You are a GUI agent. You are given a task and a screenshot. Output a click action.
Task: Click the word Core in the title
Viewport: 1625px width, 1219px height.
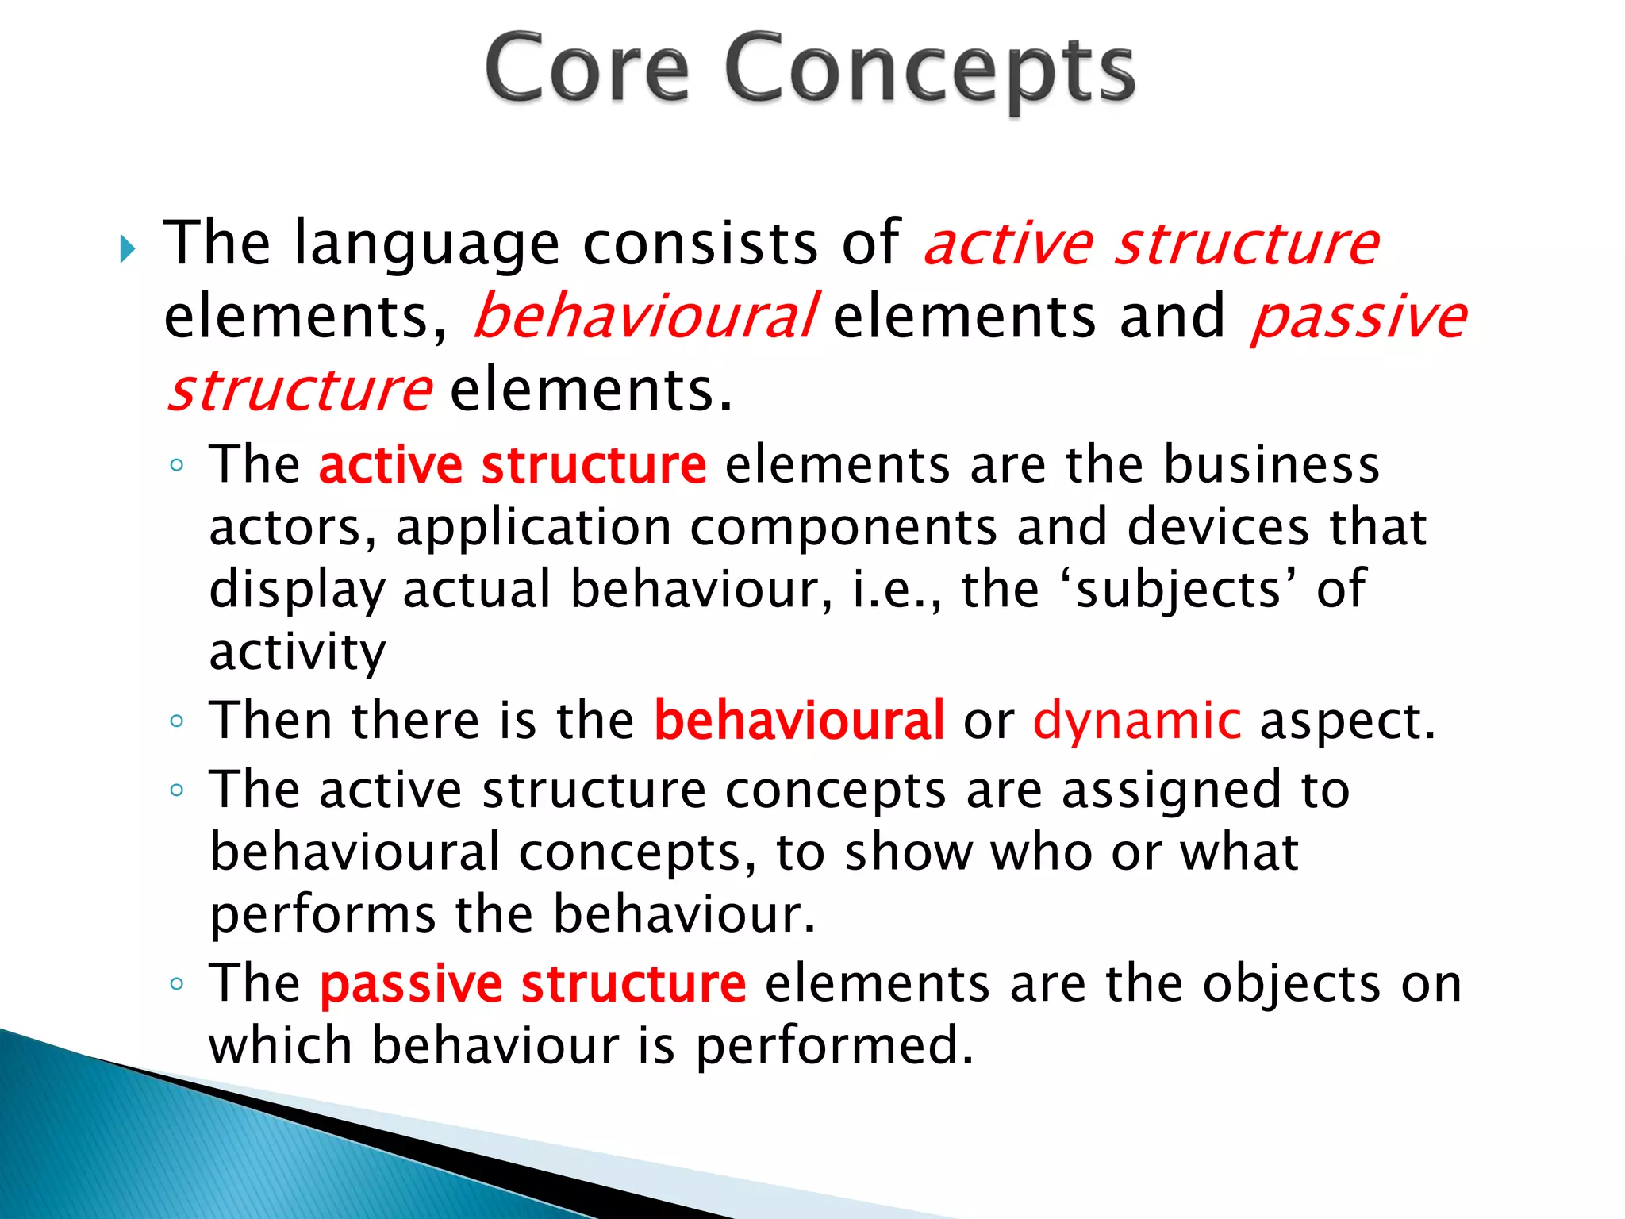[587, 70]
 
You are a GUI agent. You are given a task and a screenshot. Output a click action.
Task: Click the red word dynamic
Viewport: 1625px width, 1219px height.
[1136, 720]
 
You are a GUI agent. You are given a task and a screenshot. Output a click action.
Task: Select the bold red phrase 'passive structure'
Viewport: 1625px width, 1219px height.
[532, 983]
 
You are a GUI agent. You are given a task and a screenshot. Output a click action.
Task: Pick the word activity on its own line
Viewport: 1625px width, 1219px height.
[298, 652]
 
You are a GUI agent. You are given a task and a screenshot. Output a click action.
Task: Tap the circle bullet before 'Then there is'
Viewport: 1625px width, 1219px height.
[177, 721]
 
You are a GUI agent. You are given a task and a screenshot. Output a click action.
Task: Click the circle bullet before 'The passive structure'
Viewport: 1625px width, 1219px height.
[177, 985]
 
